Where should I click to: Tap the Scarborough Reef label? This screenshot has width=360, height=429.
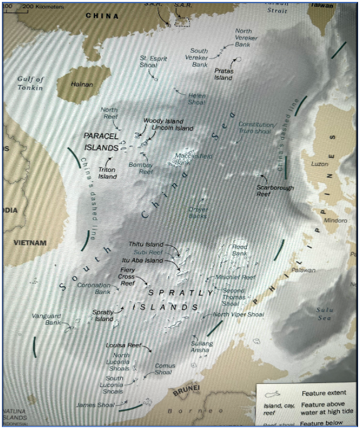tap(273, 191)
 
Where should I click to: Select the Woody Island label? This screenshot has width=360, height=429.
tap(163, 121)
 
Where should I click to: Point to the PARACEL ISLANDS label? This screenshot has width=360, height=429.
tap(101, 141)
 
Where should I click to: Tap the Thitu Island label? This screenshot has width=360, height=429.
tap(145, 244)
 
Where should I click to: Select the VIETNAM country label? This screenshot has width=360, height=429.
tap(30, 243)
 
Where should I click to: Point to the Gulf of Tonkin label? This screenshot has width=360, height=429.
tap(30, 83)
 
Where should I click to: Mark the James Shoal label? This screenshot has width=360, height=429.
tap(95, 405)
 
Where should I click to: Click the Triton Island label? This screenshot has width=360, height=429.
tap(108, 173)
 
